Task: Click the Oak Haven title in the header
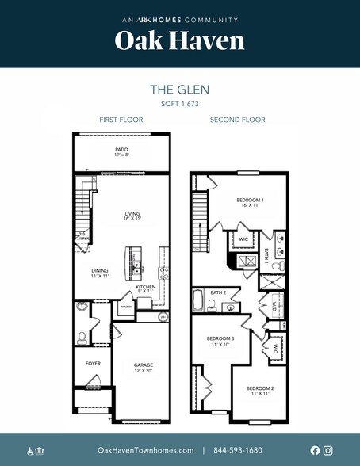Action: (x=180, y=41)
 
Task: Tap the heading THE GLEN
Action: (x=180, y=90)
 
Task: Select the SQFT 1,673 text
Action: (x=180, y=104)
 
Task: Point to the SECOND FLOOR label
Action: (x=237, y=120)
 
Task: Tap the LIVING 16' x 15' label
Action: (x=131, y=216)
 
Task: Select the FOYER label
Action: (x=94, y=363)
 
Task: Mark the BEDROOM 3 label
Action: (x=219, y=342)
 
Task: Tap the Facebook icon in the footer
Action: (x=316, y=450)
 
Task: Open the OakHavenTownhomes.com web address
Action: (x=145, y=450)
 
